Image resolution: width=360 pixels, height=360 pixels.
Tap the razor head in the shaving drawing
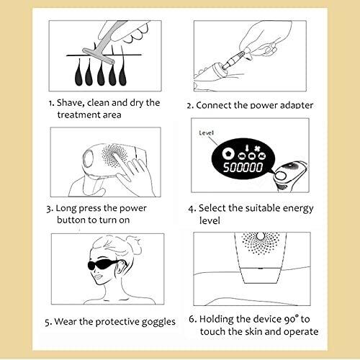[x=99, y=56]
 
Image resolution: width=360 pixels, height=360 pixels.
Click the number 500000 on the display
[x=243, y=167]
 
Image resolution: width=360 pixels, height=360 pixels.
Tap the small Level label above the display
[x=206, y=132]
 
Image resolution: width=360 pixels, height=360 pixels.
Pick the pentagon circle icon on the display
[x=228, y=153]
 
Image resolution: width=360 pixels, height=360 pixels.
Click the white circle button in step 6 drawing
[x=261, y=236]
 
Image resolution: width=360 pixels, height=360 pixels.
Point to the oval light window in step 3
[x=89, y=159]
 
